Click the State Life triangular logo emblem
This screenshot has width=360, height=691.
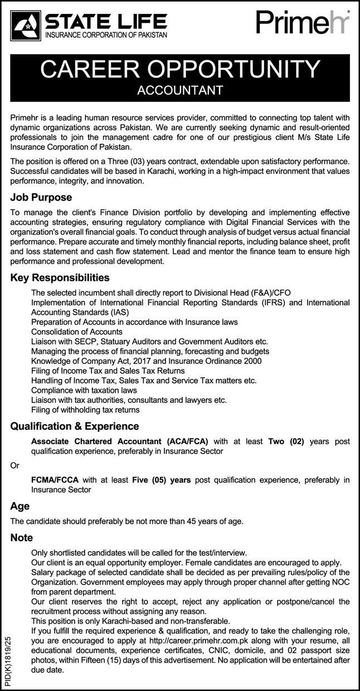tap(26, 25)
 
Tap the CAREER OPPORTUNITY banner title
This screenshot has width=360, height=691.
tap(180, 70)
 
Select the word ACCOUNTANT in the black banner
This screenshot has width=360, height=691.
tap(180, 90)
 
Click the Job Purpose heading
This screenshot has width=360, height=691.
tap(41, 197)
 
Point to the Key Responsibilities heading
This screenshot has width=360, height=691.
tap(60, 278)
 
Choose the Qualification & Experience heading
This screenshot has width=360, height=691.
tap(74, 426)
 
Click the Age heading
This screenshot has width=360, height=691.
tap(20, 507)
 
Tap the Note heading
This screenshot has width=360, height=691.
tap(22, 538)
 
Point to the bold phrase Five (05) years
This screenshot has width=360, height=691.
tap(161, 479)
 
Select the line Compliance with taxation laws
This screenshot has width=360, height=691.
tap(84, 390)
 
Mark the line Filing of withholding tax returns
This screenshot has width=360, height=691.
tap(85, 410)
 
